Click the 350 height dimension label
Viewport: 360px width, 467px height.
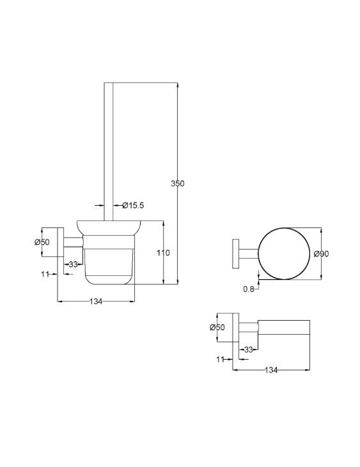coord(178,183)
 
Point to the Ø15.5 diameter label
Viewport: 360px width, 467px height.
coord(133,205)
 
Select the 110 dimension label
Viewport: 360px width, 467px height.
coord(163,253)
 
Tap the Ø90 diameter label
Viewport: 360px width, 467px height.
coord(321,254)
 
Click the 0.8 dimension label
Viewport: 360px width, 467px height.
coord(249,289)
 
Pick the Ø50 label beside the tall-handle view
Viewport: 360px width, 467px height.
coord(42,242)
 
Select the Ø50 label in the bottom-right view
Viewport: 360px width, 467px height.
coord(217,327)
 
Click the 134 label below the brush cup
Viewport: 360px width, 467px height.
coord(96,302)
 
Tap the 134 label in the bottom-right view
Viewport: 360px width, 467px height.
coord(271,370)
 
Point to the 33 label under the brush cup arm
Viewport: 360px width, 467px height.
coord(74,264)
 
